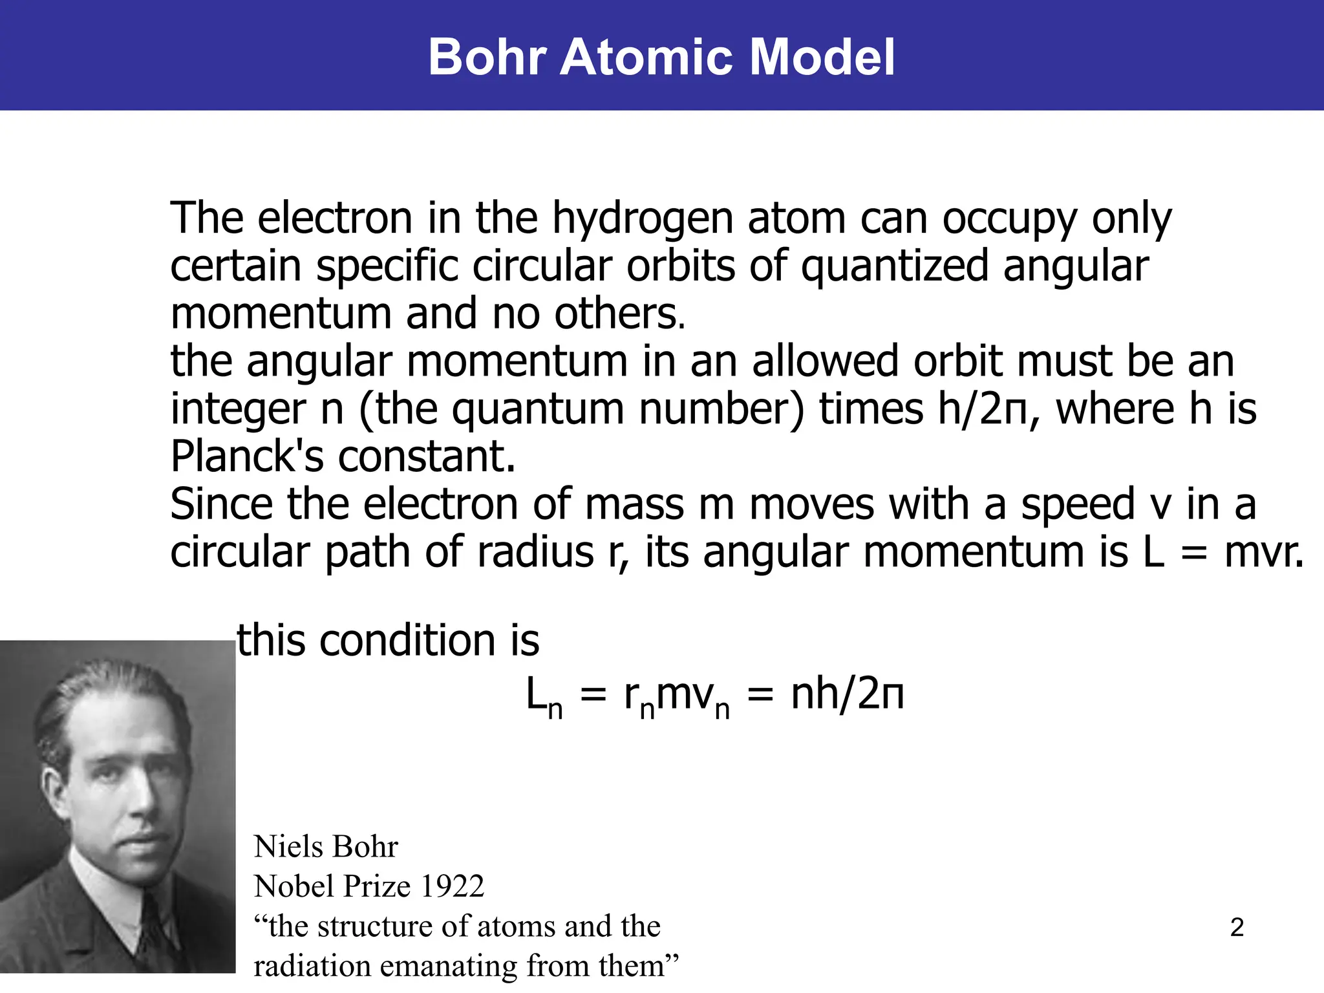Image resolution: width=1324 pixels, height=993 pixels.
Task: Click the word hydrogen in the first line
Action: [643, 220]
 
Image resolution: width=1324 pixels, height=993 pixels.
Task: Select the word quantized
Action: [895, 266]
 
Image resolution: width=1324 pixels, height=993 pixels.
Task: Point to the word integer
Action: [237, 410]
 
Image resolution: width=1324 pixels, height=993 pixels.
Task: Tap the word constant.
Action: [427, 456]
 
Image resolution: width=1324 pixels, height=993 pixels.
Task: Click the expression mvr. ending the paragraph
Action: [1264, 553]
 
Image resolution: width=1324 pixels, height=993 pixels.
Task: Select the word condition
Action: [407, 641]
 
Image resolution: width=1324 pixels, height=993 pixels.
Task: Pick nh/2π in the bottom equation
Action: [848, 696]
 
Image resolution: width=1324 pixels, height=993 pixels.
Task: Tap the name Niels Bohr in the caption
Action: [326, 847]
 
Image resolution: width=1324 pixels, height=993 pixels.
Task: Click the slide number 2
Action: [1237, 928]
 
